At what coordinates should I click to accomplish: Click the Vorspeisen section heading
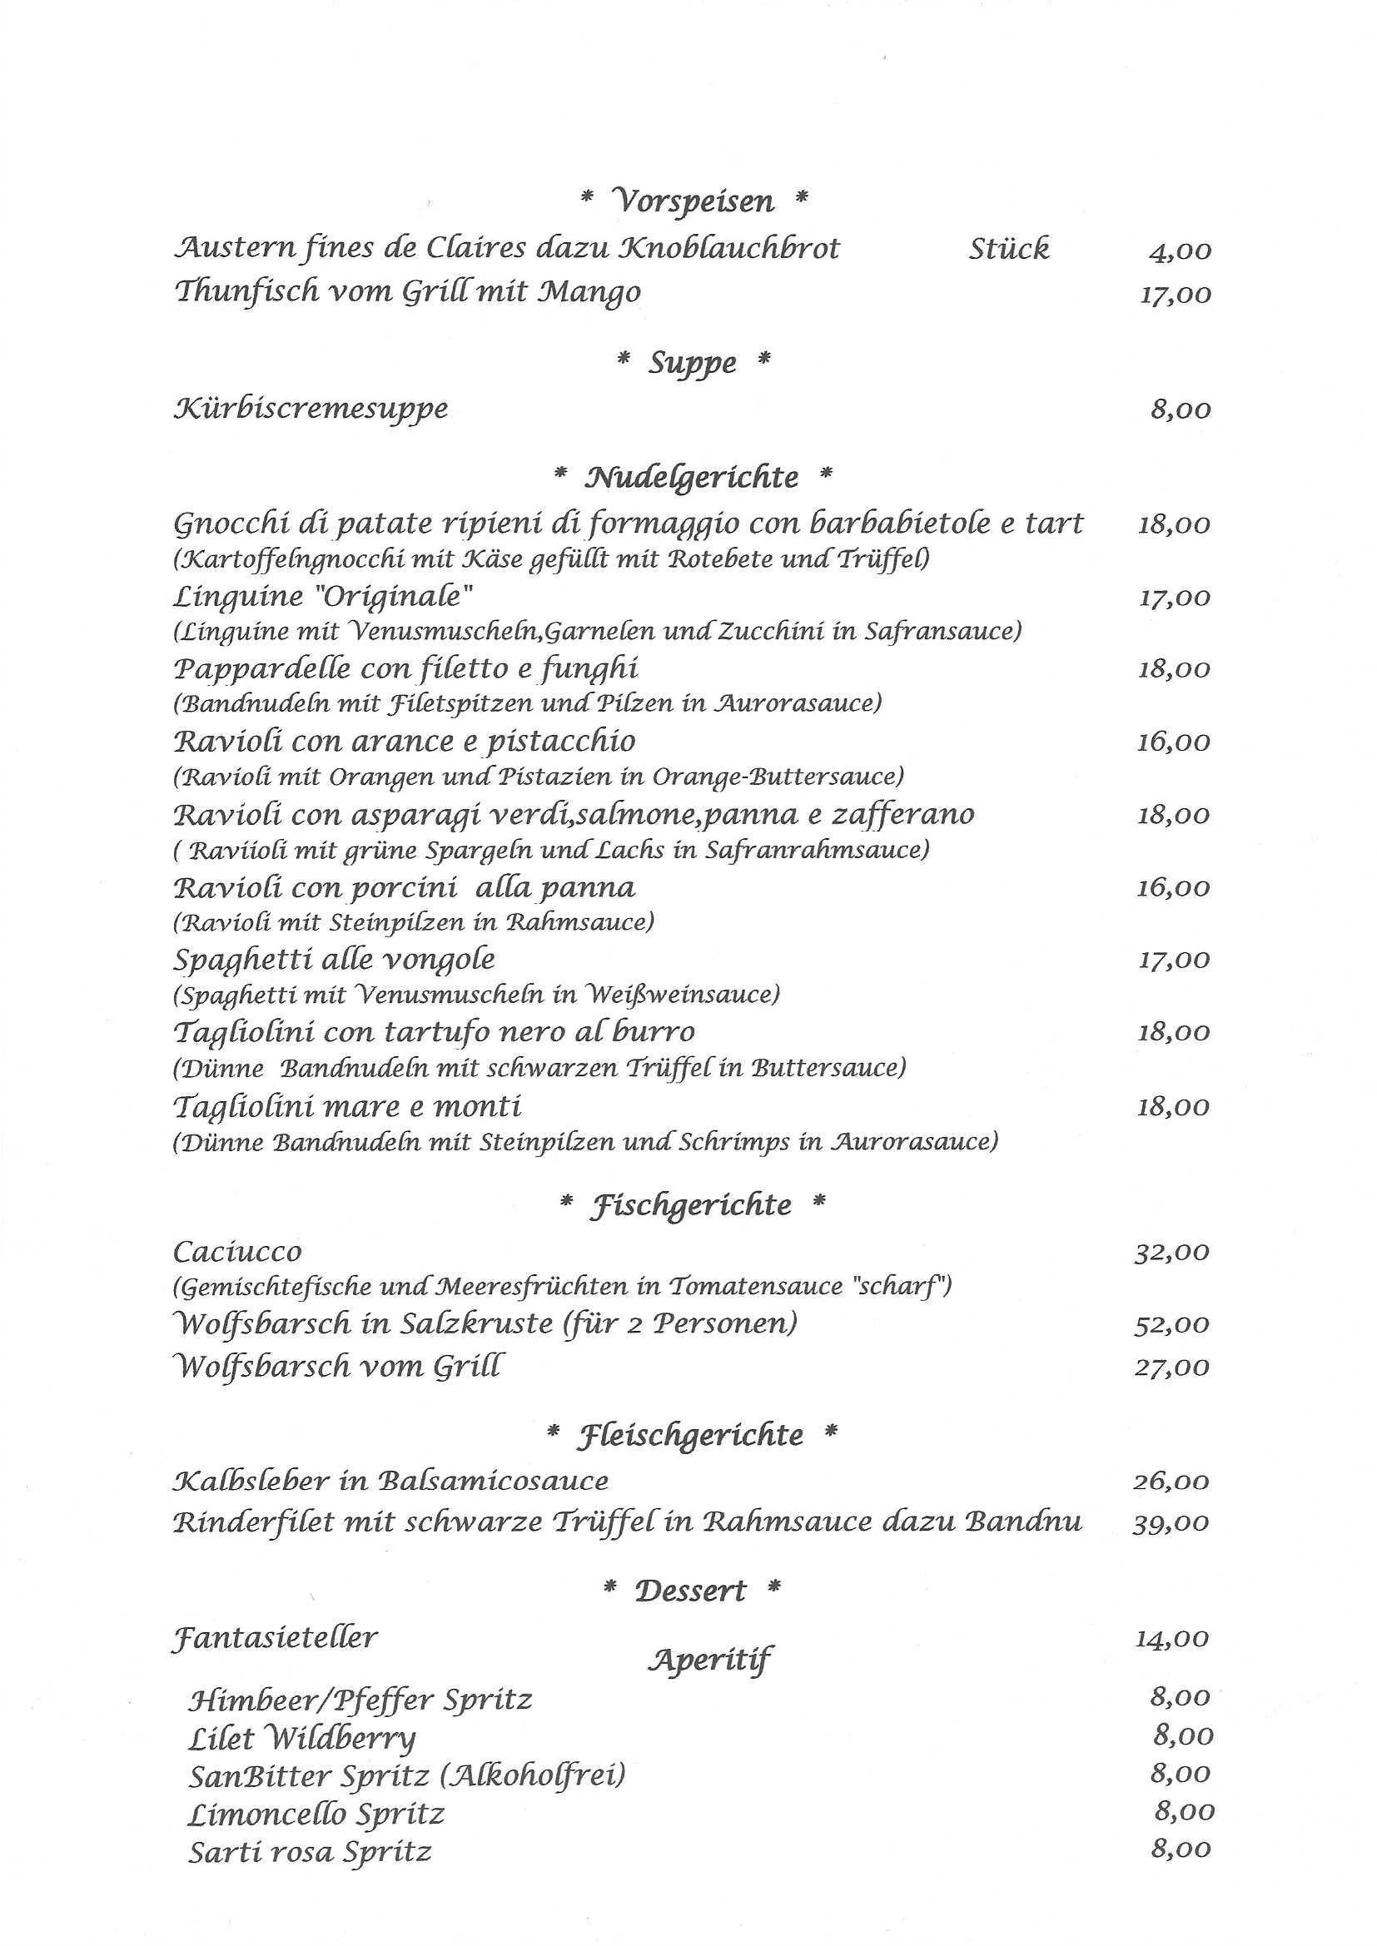coord(693,201)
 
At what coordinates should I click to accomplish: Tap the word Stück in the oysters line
coord(1008,248)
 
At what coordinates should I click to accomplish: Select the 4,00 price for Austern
coord(1180,251)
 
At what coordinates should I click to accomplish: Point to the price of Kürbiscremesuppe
coord(1181,410)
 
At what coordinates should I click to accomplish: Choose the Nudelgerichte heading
coord(692,477)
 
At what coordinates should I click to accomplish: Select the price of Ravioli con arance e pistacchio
coord(1174,742)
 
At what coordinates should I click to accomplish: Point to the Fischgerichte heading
coord(692,1204)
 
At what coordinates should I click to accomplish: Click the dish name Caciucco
coord(237,1252)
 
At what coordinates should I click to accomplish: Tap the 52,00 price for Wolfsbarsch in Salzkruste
coord(1172,1325)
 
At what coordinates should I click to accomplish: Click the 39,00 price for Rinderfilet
coord(1171,1523)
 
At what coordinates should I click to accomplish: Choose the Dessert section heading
coord(690,1591)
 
